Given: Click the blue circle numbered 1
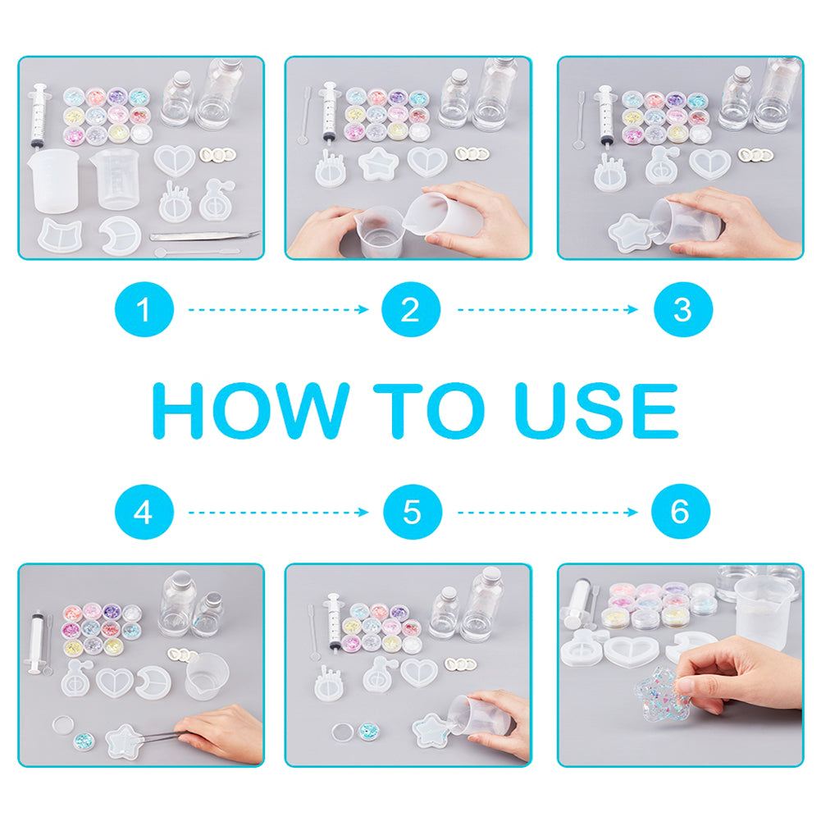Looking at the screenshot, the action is coord(144,309).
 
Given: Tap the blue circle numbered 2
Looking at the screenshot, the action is coord(411,309).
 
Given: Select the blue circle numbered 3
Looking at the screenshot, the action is coord(683,309).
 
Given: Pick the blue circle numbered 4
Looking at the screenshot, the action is coord(144,512).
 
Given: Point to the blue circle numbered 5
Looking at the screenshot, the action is coord(413,512).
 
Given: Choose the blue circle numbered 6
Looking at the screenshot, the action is coord(681,512).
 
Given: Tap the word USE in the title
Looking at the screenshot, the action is coord(596,410).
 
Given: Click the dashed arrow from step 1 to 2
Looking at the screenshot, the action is coord(279,309).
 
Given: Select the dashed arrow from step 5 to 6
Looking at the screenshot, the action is coord(548,512).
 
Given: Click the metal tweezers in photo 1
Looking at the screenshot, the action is coord(205,235).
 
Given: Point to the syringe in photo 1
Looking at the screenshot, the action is coord(39,115).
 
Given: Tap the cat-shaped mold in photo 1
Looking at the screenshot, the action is coord(60,235).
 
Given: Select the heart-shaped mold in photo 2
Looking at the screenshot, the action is coord(427,162).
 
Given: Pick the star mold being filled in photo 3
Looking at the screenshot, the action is coord(631,232).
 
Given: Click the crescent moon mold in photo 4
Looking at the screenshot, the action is coord(153,682).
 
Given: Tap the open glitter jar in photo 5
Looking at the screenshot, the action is coord(369,731).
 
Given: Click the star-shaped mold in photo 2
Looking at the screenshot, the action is coord(378,164).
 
